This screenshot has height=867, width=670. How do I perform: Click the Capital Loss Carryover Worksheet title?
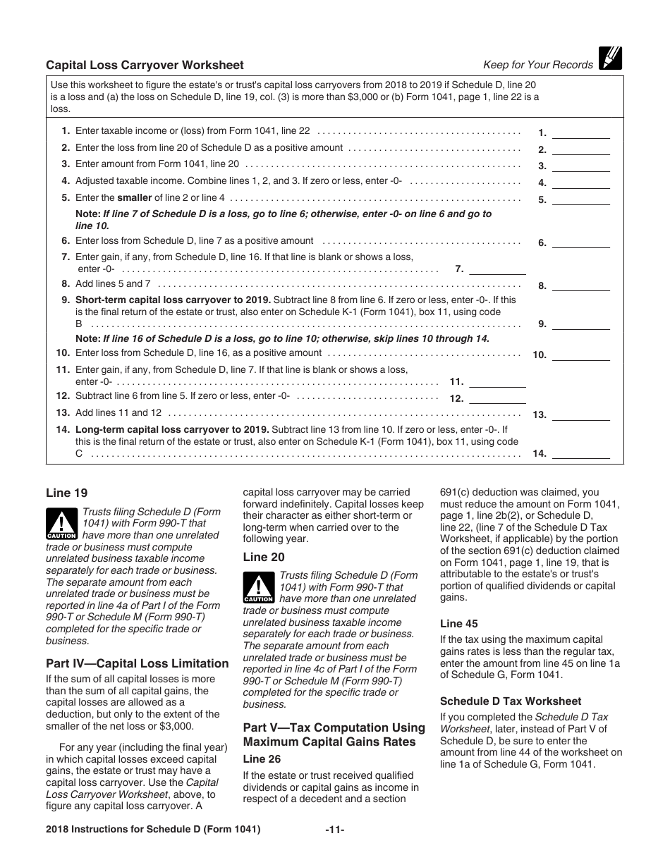(x=145, y=65)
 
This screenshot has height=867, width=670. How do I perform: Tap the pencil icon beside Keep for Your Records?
(x=611, y=58)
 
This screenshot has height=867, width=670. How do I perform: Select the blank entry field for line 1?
(x=581, y=133)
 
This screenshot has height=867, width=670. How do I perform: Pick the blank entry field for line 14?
(x=581, y=453)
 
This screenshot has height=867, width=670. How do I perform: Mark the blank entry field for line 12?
(x=497, y=398)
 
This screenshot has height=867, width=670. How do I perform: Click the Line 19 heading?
(x=67, y=493)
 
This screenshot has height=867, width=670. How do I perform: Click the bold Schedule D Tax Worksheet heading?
(x=511, y=701)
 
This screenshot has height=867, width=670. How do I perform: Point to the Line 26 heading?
(x=262, y=759)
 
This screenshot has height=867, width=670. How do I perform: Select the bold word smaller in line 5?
(x=134, y=198)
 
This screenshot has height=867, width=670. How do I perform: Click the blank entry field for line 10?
(x=581, y=355)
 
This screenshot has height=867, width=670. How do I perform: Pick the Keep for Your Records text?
(x=537, y=65)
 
